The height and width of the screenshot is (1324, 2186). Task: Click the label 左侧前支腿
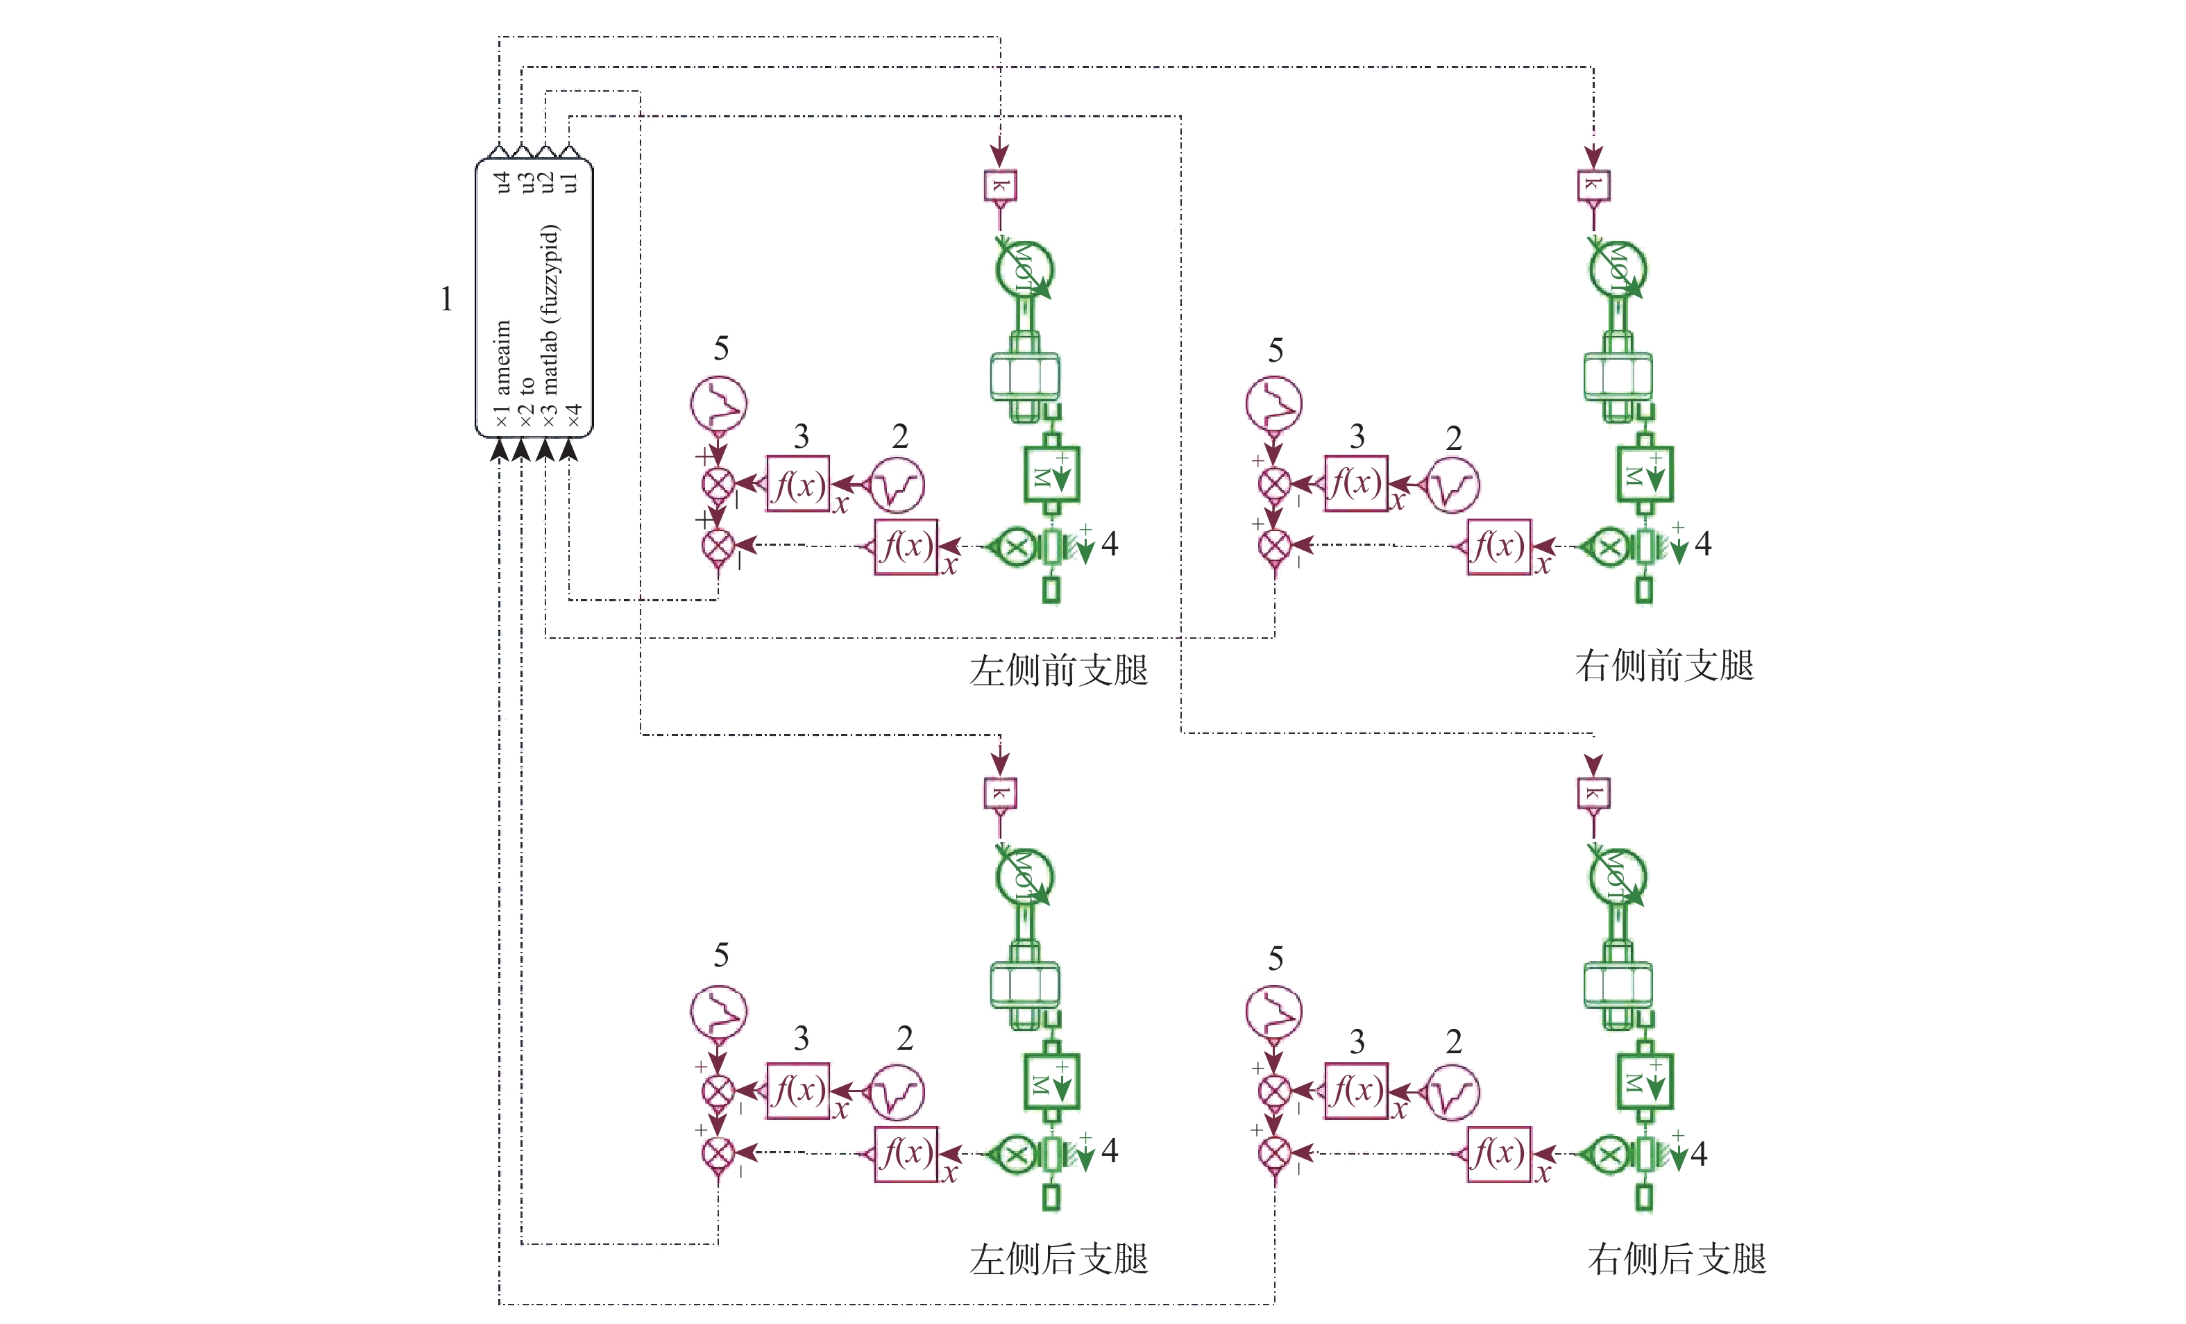1058,670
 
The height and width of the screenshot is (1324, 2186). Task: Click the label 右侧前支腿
1664,666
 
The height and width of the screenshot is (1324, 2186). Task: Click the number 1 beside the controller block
446,299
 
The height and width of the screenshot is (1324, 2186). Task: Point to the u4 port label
502,182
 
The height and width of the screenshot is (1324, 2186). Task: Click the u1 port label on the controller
570,182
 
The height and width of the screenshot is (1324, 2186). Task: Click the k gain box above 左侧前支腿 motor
1000,185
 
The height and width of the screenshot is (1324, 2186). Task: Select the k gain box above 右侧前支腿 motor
1593,185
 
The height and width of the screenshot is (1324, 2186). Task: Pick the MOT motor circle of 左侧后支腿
1024,877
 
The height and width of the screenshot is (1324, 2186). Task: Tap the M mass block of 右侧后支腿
1645,1082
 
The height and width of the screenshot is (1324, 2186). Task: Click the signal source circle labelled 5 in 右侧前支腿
1274,404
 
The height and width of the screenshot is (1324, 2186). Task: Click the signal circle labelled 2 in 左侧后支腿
897,1092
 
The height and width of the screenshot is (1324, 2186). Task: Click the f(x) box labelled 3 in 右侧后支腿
1355,1091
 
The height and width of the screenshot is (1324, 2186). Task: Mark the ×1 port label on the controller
502,415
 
